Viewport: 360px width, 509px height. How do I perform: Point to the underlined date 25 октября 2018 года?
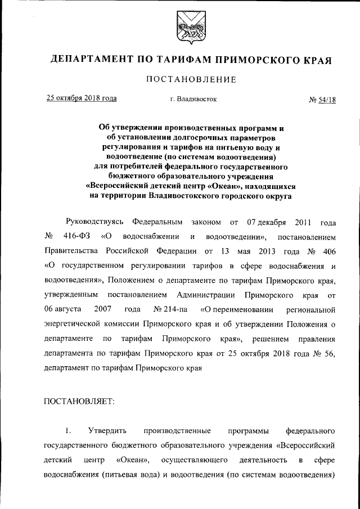[82, 98]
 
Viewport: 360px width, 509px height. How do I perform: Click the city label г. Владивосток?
[193, 100]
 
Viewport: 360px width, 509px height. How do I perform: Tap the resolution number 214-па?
[173, 309]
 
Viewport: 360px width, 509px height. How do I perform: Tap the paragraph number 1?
[68, 431]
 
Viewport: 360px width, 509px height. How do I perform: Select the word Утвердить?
[107, 431]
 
